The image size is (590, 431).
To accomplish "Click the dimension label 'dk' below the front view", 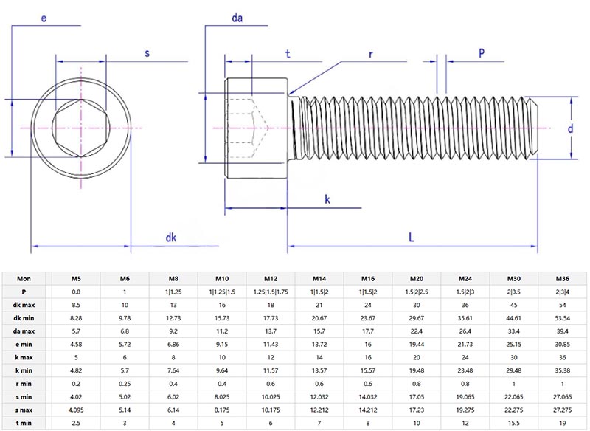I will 170,237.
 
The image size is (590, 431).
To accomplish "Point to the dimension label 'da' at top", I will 237,18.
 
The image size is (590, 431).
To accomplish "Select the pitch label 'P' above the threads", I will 482,52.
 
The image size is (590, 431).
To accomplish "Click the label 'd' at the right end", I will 570,128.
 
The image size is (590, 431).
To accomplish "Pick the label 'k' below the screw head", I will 327,200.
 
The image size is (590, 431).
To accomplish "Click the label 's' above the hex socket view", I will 147,53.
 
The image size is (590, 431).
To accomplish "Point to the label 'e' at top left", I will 44,18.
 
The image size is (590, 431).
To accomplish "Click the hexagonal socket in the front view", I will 80,128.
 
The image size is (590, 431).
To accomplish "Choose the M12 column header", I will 271,278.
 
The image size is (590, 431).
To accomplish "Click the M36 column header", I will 563,278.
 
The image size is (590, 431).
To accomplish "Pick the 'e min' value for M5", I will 76,344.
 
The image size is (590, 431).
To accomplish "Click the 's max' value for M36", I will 563,410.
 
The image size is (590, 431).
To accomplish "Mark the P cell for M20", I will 417,292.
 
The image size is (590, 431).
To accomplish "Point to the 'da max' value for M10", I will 222,331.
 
